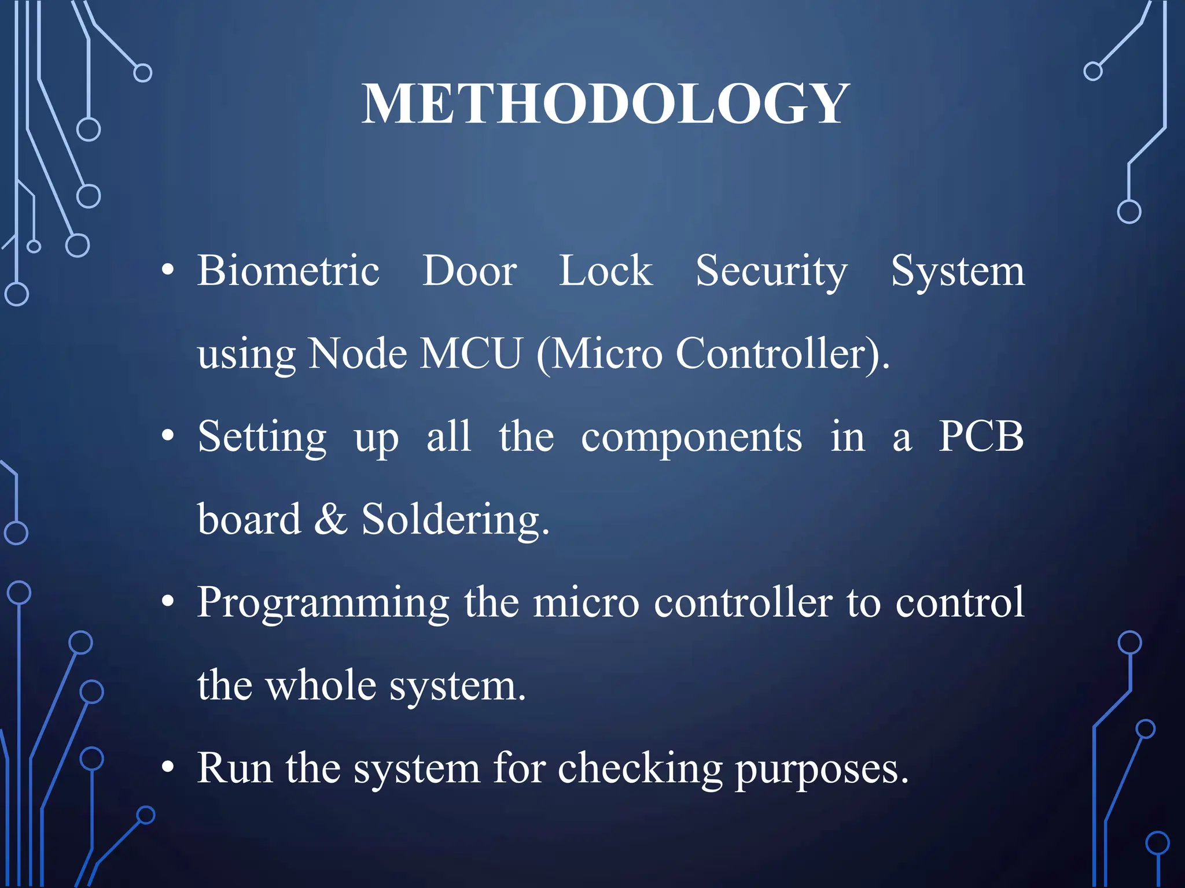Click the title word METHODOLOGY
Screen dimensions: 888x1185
pyautogui.click(x=605, y=104)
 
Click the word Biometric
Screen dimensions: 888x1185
pyautogui.click(x=288, y=271)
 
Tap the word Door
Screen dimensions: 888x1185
pyautogui.click(x=469, y=271)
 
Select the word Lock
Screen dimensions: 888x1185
pyautogui.click(x=605, y=271)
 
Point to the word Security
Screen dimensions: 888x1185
pyautogui.click(x=771, y=272)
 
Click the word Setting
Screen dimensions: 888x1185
pyautogui.click(x=262, y=438)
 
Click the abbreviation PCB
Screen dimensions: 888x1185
pyautogui.click(x=981, y=436)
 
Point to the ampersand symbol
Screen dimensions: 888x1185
pyautogui.click(x=330, y=519)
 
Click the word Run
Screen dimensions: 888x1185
pyautogui.click(x=234, y=768)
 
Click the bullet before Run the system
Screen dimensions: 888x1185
pyautogui.click(x=168, y=768)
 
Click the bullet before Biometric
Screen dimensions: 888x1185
pyautogui.click(x=168, y=270)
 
